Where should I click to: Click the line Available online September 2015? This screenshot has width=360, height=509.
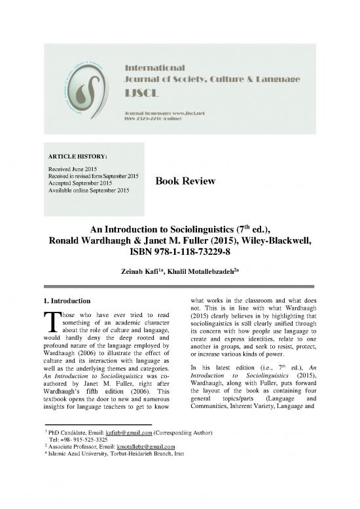87,191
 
